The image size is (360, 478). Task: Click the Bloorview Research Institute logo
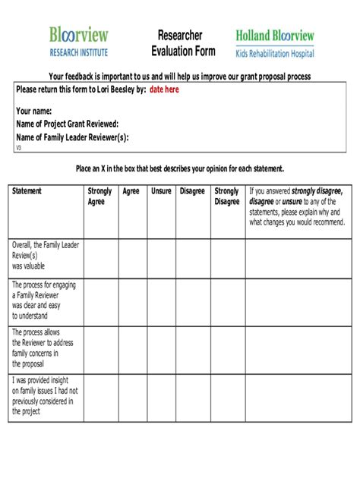click(x=79, y=41)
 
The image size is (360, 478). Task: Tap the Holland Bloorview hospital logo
click(x=274, y=42)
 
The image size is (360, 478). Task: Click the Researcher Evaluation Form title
click(x=179, y=43)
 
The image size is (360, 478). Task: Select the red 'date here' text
click(x=164, y=90)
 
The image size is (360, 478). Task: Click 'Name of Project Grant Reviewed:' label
click(x=68, y=124)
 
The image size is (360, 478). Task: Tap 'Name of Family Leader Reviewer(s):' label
click(x=72, y=137)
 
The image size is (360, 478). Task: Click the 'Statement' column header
click(x=27, y=191)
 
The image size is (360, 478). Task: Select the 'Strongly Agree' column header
click(x=99, y=197)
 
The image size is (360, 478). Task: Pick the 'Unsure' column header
click(x=161, y=191)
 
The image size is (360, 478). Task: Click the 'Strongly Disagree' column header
click(x=226, y=197)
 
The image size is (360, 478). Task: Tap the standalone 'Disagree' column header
click(x=192, y=191)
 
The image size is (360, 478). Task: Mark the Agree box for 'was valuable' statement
click(x=131, y=258)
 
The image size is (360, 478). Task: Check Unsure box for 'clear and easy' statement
click(x=161, y=301)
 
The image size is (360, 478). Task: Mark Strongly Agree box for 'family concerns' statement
click(x=101, y=348)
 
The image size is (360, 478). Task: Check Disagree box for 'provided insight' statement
click(x=193, y=396)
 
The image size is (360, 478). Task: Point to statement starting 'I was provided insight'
click(x=45, y=396)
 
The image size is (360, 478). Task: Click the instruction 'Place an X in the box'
click(x=179, y=168)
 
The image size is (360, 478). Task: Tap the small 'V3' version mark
click(x=19, y=148)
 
